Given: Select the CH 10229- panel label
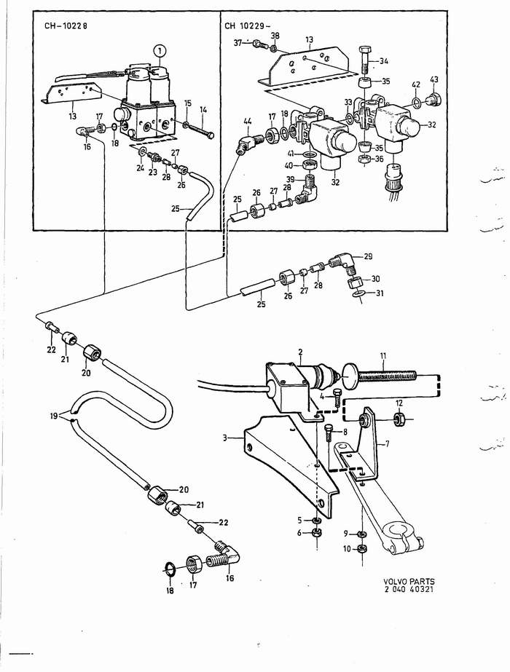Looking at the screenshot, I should (x=246, y=25).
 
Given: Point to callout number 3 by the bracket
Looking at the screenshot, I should (x=227, y=438).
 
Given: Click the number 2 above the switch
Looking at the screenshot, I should (x=299, y=352).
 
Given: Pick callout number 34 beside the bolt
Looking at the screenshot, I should (x=384, y=60).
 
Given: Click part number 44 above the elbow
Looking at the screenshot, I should (x=247, y=120).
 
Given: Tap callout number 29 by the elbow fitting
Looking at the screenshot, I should (x=368, y=257).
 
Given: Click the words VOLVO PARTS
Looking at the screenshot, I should (x=409, y=582).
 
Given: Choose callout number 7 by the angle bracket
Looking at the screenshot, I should (x=387, y=443).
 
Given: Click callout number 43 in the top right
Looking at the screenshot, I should (x=434, y=79).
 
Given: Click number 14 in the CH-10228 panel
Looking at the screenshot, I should (x=203, y=110).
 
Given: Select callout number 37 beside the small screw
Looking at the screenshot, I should (x=238, y=43).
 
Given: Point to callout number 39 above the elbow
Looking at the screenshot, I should (x=289, y=180).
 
